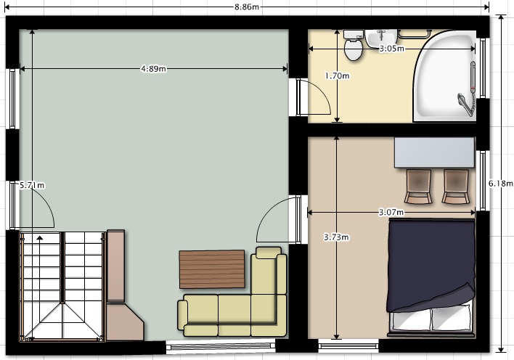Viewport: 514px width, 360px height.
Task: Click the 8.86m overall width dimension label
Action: pos(247,7)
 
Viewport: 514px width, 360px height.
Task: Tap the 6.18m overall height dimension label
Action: pos(500,184)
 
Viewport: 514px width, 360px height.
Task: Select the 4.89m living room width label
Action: pos(153,68)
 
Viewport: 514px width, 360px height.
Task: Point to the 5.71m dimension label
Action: pos(32,185)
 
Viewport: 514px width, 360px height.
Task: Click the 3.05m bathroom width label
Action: pos(392,49)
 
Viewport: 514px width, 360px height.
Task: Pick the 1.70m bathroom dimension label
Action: pos(337,75)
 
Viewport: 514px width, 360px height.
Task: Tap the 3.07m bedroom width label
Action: pos(391,213)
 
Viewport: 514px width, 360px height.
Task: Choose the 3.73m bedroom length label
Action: pos(336,237)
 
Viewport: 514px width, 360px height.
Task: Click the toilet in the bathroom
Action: pos(354,45)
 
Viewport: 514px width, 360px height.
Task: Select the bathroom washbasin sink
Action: pos(381,38)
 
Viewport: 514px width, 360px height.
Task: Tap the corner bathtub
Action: pos(444,76)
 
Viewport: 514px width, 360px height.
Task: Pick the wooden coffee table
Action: pos(212,269)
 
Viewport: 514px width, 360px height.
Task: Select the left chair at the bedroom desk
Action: pos(418,187)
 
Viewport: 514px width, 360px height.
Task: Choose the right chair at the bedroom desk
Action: pos(456,187)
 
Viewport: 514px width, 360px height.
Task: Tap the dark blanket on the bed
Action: pos(431,264)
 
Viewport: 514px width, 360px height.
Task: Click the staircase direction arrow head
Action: pos(40,238)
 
